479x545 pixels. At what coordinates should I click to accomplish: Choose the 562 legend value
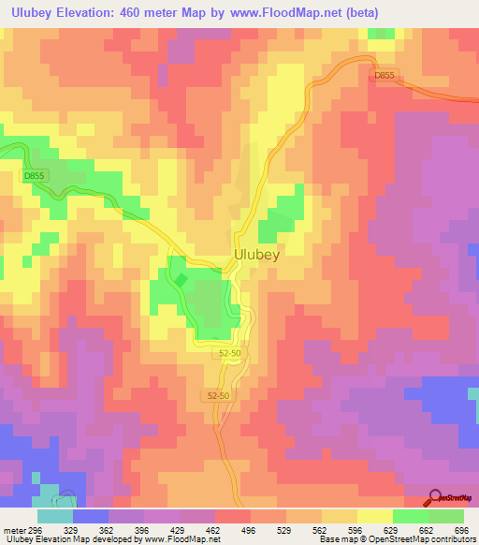323,529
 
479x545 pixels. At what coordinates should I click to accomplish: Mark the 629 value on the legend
394,529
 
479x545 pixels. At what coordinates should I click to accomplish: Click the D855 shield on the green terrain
34,175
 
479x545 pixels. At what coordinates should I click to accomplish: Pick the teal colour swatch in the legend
55,516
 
